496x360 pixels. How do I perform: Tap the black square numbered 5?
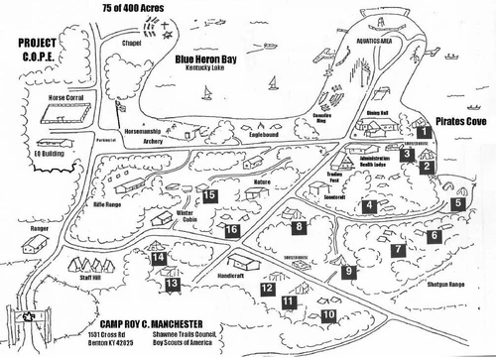tap(457, 203)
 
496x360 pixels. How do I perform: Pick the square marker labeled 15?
tap(210, 195)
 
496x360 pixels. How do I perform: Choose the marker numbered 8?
tap(299, 227)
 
